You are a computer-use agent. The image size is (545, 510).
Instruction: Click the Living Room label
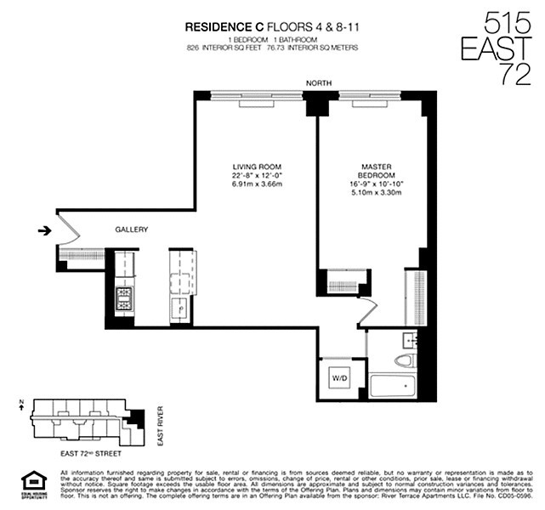click(257, 167)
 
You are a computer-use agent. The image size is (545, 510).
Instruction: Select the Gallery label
click(132, 229)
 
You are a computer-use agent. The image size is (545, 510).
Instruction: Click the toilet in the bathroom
click(403, 360)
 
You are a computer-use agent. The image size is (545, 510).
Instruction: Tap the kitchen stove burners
click(124, 299)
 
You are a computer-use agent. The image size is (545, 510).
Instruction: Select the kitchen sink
click(182, 309)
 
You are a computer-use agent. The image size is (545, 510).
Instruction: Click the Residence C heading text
click(225, 27)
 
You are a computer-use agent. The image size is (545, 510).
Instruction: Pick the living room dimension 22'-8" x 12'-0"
click(257, 176)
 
